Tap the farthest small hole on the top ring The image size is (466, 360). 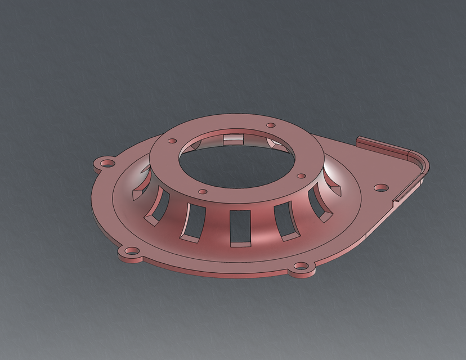tap(270, 125)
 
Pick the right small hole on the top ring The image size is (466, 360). tap(301, 176)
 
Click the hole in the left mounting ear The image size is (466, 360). tap(105, 164)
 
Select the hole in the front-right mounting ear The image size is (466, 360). tap(304, 267)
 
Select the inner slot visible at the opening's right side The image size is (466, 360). tap(275, 143)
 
